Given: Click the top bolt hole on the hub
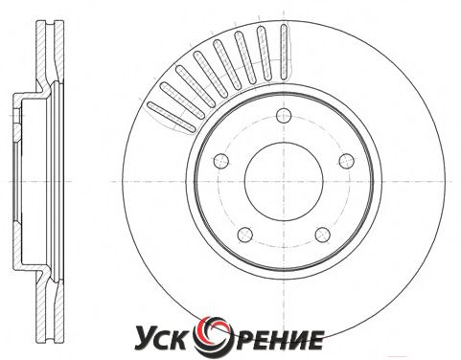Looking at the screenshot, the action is (x=284, y=116).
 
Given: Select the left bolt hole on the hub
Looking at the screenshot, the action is (x=221, y=161).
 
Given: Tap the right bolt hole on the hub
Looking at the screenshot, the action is (x=346, y=161).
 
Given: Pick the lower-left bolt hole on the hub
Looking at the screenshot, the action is (x=245, y=235).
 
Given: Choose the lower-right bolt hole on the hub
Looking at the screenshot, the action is (x=322, y=235).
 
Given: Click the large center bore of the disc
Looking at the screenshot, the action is (x=284, y=181).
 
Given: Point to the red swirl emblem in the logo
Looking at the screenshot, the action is (x=214, y=335).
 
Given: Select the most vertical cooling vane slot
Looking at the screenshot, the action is (x=284, y=52).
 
